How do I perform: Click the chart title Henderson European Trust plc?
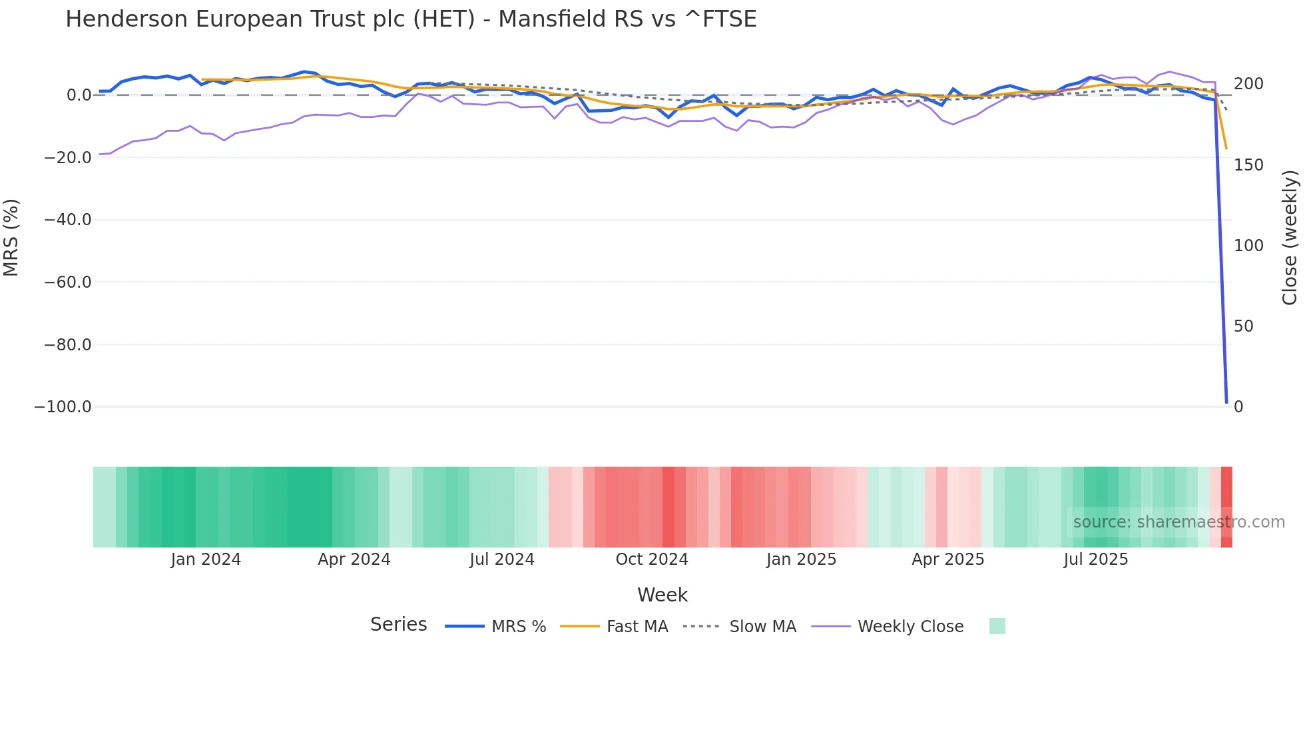click(410, 19)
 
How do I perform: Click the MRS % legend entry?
click(495, 627)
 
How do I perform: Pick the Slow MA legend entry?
click(740, 627)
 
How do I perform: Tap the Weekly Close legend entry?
click(888, 627)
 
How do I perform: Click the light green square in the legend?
click(997, 626)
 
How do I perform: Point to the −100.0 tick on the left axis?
click(63, 407)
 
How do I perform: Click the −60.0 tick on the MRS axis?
click(67, 282)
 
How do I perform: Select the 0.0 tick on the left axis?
click(79, 95)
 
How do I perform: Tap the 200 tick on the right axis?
click(1248, 84)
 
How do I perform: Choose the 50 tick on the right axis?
click(1244, 326)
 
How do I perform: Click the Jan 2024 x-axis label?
click(206, 559)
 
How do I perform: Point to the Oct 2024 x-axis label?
click(651, 559)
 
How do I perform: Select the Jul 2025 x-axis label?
click(1095, 559)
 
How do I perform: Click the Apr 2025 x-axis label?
click(947, 559)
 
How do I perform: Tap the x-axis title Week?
click(662, 595)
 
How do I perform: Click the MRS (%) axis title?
click(11, 237)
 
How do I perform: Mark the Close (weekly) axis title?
click(1290, 238)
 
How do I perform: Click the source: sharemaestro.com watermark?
click(1178, 522)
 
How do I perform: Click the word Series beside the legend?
click(398, 625)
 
